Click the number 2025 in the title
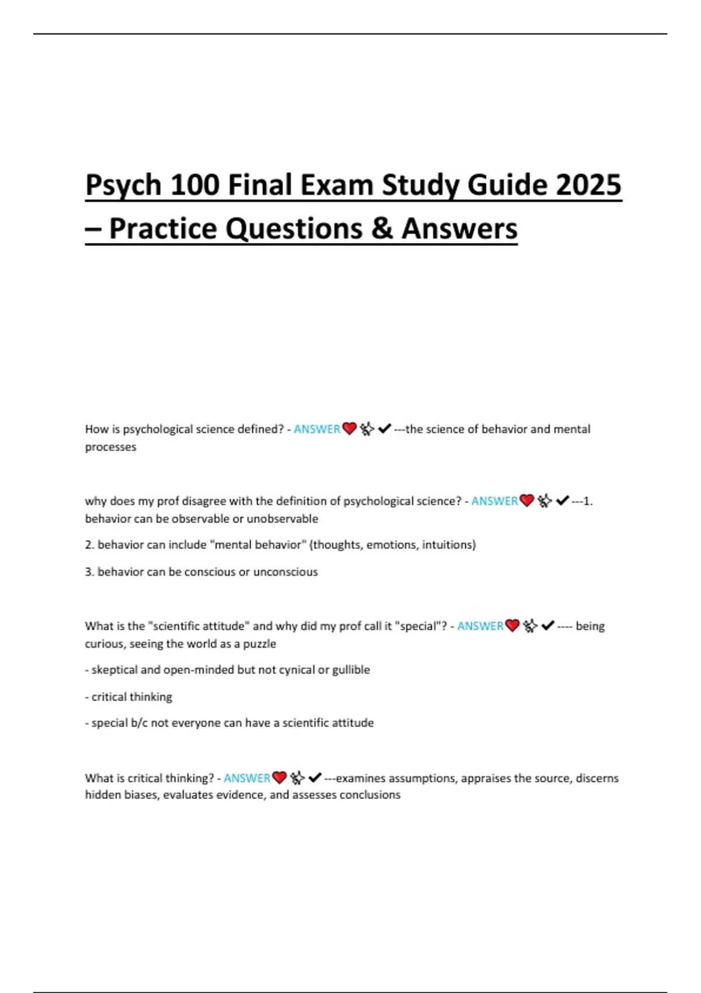[x=588, y=185]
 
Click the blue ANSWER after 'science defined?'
[x=317, y=429]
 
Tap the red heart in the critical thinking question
[x=280, y=778]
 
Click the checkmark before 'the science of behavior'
[x=384, y=429]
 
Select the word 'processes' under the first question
[x=110, y=447]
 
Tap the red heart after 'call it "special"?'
[x=512, y=626]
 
